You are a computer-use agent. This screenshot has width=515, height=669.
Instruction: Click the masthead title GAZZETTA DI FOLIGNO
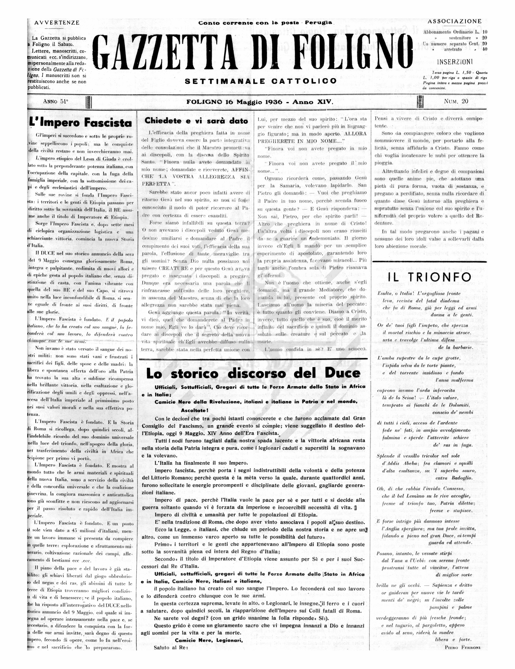252,52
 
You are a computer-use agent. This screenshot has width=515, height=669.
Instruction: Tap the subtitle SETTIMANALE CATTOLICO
261,81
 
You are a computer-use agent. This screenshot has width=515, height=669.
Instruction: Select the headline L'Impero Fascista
81,123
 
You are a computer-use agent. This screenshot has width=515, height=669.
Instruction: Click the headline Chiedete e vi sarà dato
196,121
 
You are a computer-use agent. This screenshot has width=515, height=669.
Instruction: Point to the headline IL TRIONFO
429,277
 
